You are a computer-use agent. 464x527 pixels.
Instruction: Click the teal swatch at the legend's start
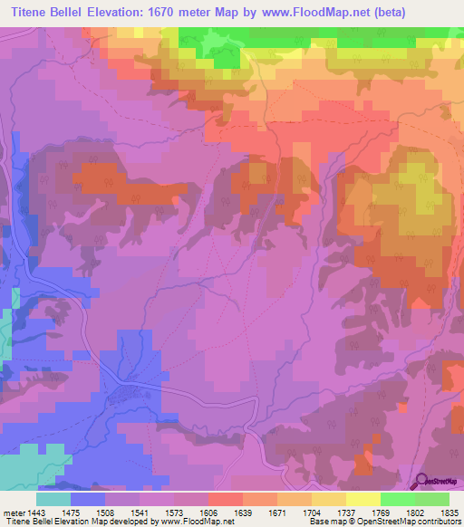point(53,499)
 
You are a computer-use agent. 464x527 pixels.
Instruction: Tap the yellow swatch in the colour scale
point(362,499)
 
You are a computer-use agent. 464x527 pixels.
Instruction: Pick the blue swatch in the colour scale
point(88,499)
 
